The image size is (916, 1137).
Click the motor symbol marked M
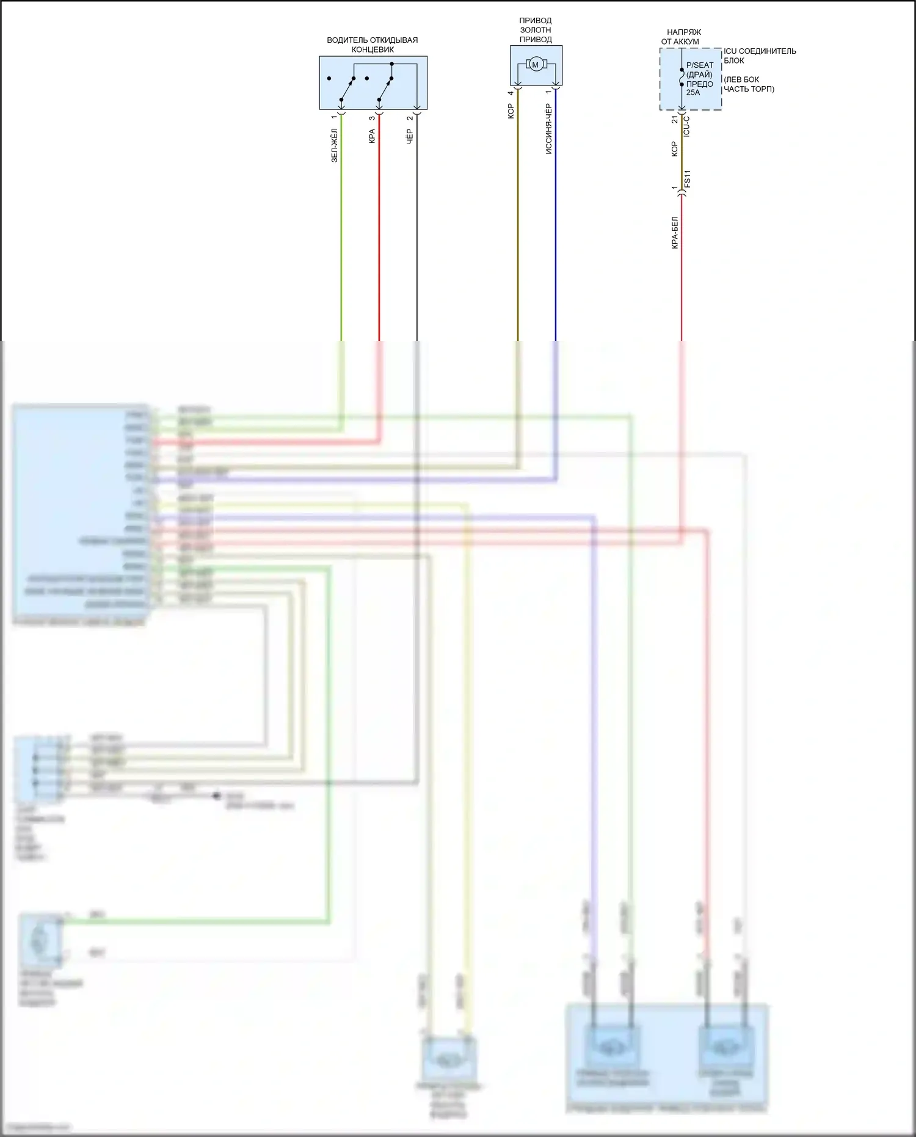(536, 65)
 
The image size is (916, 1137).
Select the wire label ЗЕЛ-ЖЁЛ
(334, 145)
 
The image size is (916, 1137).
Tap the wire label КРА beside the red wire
(372, 136)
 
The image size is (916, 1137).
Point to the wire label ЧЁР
(410, 136)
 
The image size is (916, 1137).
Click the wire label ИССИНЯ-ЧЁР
(548, 129)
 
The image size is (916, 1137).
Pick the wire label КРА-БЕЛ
(675, 233)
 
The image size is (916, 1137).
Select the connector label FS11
(687, 179)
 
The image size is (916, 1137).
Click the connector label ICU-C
(686, 126)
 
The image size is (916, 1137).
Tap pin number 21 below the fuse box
(675, 120)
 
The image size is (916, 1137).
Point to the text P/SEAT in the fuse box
(699, 65)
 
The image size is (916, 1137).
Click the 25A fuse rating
(693, 93)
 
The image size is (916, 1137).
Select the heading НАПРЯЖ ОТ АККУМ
(682, 37)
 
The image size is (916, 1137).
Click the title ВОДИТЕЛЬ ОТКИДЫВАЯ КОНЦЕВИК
(373, 45)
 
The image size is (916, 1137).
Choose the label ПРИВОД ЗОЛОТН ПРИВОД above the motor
(536, 30)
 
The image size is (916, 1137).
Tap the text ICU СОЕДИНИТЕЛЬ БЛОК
(759, 56)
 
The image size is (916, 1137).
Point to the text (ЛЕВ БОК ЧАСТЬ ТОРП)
(749, 84)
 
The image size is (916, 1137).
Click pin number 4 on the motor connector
(511, 93)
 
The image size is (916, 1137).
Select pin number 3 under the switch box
(372, 117)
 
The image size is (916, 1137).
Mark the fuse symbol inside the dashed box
(682, 78)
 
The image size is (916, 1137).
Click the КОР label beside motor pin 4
(511, 111)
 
